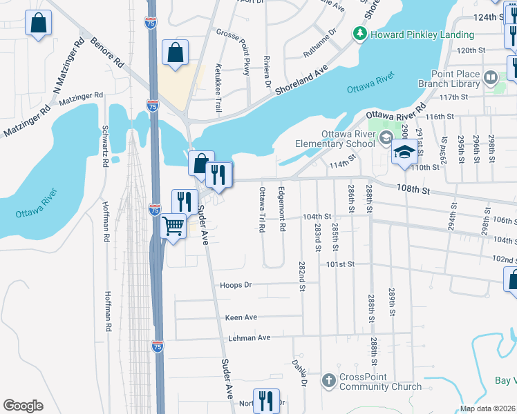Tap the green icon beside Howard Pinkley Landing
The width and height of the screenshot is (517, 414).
click(359, 34)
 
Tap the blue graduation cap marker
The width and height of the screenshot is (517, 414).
click(405, 153)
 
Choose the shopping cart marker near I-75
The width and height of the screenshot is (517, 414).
click(174, 226)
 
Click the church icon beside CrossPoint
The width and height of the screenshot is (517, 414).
click(328, 381)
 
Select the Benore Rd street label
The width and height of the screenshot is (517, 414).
click(106, 52)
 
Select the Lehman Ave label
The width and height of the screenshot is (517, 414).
click(250, 338)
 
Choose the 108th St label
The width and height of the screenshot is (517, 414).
click(413, 188)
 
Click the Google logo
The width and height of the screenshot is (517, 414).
click(23, 406)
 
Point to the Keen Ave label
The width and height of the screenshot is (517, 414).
click(241, 317)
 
